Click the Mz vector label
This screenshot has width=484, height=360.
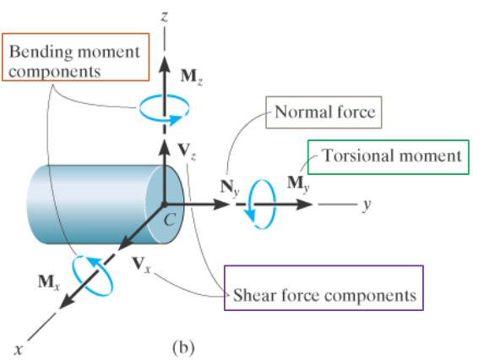point(192,77)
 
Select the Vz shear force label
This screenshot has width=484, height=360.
point(187,151)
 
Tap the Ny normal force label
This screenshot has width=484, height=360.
point(230,188)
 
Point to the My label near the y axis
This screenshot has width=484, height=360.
point(298,183)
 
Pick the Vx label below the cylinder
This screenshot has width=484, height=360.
point(141,265)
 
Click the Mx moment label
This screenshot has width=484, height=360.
point(49,282)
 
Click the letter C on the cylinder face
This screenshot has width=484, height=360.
point(170,220)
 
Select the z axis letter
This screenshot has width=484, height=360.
point(165,16)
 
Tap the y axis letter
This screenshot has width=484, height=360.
point(367,205)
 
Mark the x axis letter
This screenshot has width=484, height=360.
point(19,350)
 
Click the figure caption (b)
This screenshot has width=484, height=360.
point(183,347)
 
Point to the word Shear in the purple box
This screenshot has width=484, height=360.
point(254,295)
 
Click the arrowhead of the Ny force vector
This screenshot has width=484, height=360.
point(221,204)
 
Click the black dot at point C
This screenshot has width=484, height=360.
point(165,204)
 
